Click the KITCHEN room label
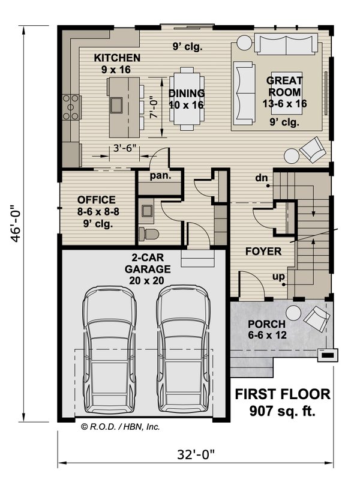tap(117, 58)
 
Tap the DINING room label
tap(186, 94)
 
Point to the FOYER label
tap(263, 252)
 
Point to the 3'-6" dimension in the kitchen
tap(125, 146)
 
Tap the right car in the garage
tap(184, 349)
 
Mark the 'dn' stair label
tap(261, 178)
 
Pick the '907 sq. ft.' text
tap(281, 411)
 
